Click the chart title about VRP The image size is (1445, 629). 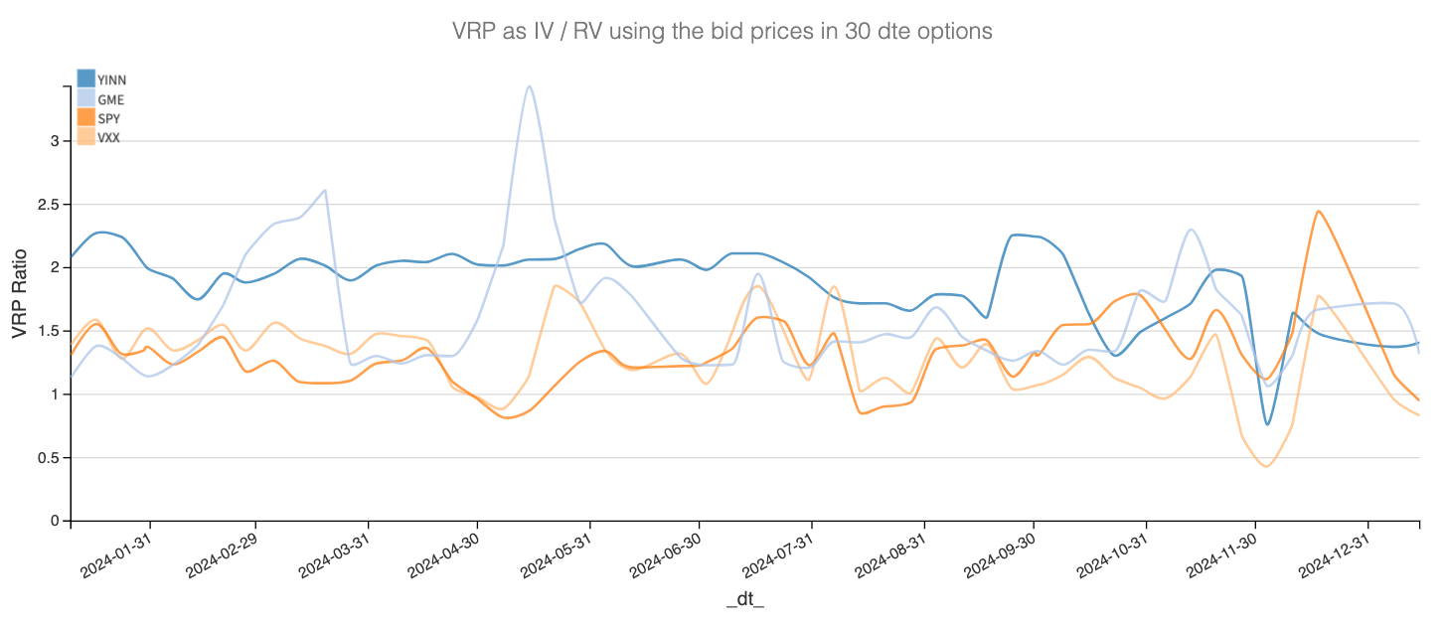click(722, 31)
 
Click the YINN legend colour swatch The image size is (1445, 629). click(86, 79)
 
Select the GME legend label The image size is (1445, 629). click(110, 99)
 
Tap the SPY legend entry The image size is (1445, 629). click(108, 119)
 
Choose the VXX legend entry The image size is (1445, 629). click(108, 138)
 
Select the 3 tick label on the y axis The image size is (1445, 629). click(55, 141)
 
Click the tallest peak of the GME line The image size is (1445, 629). click(530, 86)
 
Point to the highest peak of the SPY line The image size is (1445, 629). click(1317, 211)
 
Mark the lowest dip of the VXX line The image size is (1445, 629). click(1266, 466)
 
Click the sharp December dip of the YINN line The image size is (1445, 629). click(1267, 424)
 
